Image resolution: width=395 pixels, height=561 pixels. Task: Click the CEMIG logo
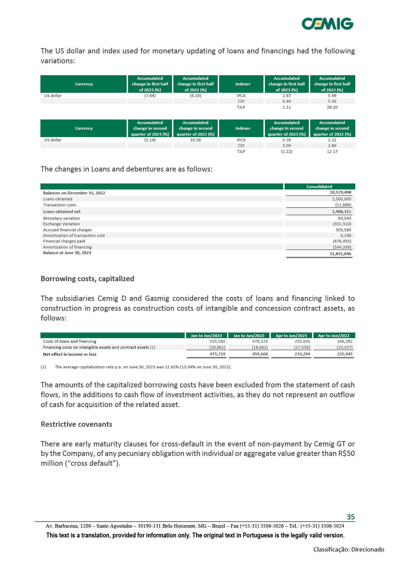click(x=327, y=24)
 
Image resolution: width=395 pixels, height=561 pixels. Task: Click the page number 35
click(x=351, y=517)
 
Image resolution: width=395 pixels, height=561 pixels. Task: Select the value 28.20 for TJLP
click(x=332, y=107)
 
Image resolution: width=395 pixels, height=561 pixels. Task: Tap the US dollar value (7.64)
click(x=150, y=96)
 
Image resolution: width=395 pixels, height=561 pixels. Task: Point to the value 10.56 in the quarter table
click(x=195, y=140)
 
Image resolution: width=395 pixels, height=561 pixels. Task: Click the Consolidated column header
click(x=319, y=187)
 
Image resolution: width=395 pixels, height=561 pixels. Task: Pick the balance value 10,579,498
click(x=340, y=193)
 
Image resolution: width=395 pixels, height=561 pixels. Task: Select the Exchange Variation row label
click(x=61, y=224)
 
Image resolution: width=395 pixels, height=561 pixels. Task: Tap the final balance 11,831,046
click(x=340, y=253)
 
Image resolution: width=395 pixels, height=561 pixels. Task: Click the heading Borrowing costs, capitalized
click(x=87, y=279)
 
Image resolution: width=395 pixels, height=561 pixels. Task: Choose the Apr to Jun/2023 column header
click(x=291, y=336)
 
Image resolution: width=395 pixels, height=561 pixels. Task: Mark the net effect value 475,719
click(x=217, y=354)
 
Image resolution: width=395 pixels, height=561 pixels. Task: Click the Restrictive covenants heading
click(x=76, y=424)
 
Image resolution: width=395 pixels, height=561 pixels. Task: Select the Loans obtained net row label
click(x=62, y=212)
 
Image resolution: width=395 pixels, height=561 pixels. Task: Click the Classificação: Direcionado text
click(x=349, y=549)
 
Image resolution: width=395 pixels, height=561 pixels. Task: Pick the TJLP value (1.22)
click(x=286, y=151)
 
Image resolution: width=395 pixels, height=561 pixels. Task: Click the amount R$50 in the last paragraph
click(x=346, y=453)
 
